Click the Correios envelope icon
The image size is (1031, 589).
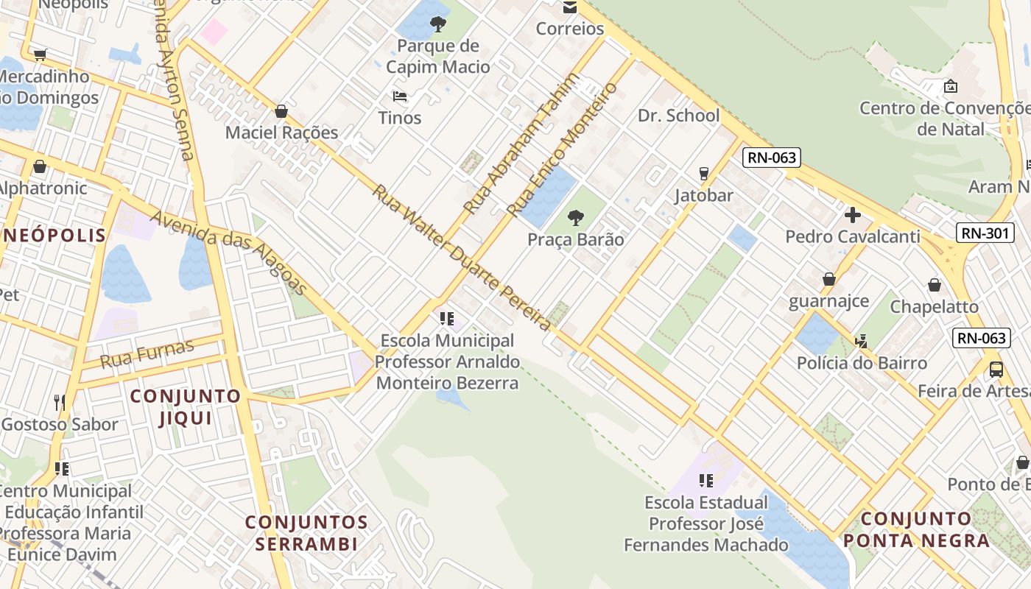pyautogui.click(x=569, y=8)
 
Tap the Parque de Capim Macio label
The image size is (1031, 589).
pyautogui.click(x=438, y=57)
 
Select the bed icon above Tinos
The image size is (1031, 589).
pyautogui.click(x=400, y=96)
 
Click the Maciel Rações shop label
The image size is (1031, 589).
pyautogui.click(x=281, y=133)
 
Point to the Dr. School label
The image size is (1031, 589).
pyautogui.click(x=678, y=116)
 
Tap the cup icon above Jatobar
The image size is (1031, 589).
pyautogui.click(x=703, y=174)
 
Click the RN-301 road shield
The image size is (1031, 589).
pyautogui.click(x=985, y=233)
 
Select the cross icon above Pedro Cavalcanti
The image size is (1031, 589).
pyautogui.click(x=852, y=215)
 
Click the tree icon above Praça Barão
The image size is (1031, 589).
pyautogui.click(x=576, y=218)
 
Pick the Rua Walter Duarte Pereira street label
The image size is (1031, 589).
pyautogui.click(x=462, y=257)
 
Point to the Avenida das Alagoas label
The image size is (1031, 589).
pyautogui.click(x=228, y=251)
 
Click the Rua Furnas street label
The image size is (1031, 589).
pyautogui.click(x=147, y=354)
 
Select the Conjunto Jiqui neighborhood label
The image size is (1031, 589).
pyautogui.click(x=186, y=407)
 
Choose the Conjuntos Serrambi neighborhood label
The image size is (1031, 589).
pyautogui.click(x=306, y=534)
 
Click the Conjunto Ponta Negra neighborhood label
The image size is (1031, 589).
pyautogui.click(x=916, y=530)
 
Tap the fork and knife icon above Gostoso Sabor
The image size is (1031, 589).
pyautogui.click(x=60, y=402)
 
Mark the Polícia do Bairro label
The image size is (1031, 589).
pyautogui.click(x=862, y=363)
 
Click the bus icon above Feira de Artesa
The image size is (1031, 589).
pyautogui.click(x=996, y=370)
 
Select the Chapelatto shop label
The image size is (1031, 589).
pyautogui.click(x=934, y=306)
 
